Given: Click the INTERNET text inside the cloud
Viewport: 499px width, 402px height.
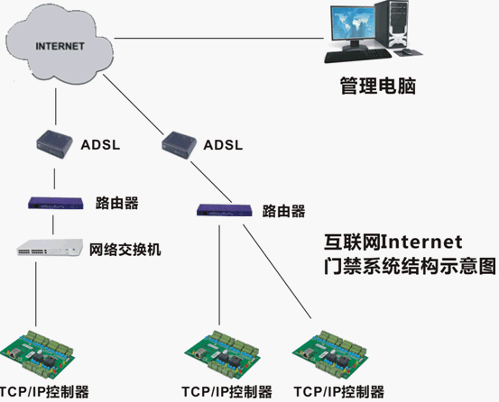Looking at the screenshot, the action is point(60,46).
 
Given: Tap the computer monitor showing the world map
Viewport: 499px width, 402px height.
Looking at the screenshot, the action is point(351,25).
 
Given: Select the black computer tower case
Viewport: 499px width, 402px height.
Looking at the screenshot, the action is point(392,23).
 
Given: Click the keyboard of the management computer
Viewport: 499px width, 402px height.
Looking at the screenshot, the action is point(357,56).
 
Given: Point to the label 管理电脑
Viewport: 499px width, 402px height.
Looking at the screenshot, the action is point(378,86).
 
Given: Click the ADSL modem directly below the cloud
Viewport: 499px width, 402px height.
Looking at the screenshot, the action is point(54,144).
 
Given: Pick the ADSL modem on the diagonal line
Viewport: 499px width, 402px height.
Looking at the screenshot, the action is point(179,145).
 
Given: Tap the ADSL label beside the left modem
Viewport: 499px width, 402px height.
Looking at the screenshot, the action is point(100,145).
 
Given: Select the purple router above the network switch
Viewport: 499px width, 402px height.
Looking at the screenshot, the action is point(56,203).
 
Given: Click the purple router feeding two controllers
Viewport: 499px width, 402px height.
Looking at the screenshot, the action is point(225,210).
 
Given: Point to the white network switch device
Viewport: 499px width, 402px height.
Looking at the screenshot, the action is point(50,248).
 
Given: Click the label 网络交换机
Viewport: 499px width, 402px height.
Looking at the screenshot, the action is point(125,250).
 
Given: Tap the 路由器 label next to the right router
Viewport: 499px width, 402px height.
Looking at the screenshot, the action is point(283,211).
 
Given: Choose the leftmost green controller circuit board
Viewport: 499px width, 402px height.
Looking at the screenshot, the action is point(38,353).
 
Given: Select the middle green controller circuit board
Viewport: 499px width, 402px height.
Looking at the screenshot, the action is point(222,353).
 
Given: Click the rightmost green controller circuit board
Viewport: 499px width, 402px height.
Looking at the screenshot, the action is point(330,353).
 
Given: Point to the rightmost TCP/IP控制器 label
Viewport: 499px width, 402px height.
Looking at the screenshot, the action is point(339,392).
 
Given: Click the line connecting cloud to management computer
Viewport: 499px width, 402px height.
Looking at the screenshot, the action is point(219,39).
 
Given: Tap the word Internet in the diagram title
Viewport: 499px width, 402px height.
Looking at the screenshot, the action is point(421,242).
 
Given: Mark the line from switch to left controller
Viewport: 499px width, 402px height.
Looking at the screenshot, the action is point(36,294).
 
